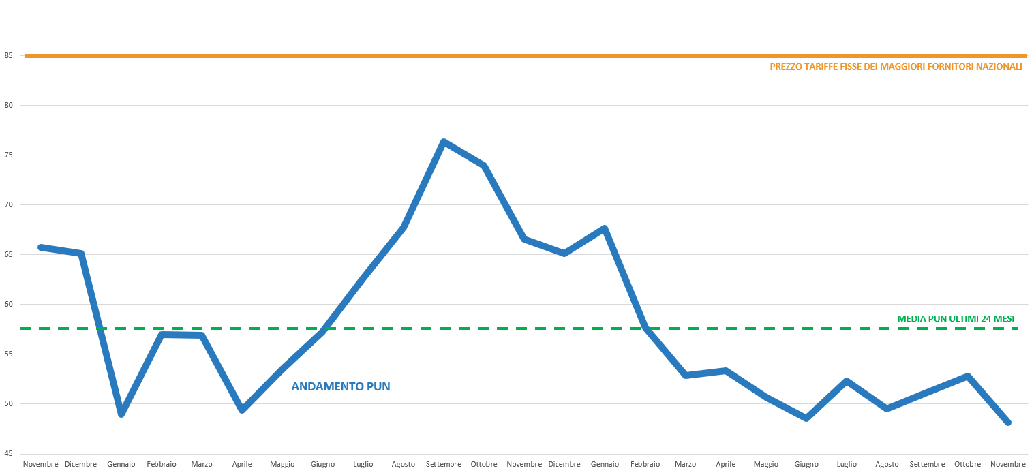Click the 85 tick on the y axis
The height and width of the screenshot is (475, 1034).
point(8,56)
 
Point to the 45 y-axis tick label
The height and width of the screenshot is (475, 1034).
point(8,453)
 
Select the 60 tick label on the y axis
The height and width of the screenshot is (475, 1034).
point(8,304)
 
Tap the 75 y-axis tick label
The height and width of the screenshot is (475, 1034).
point(8,155)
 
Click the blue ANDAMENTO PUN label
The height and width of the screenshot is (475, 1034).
point(340,386)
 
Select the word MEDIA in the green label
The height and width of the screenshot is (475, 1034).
point(912,318)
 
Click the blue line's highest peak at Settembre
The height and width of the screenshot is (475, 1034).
point(443,142)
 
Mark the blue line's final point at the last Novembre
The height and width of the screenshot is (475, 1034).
point(1008,423)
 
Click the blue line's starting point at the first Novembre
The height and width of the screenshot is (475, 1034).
point(41,247)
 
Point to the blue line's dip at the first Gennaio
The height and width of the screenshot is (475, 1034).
point(121,414)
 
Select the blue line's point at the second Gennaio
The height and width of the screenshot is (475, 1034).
point(604,228)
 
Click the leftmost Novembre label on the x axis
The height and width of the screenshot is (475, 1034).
point(41,464)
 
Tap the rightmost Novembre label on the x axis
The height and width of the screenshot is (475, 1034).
point(1007,464)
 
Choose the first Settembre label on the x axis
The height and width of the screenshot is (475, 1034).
point(444,464)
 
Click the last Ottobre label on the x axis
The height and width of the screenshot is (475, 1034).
point(967,464)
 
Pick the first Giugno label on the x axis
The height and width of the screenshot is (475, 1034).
point(322,464)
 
